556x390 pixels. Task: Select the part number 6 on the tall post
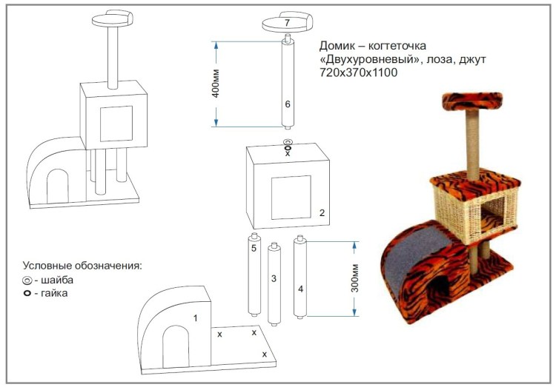click(x=288, y=104)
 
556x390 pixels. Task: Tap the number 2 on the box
click(x=322, y=213)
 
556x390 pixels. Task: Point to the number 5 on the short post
click(x=254, y=249)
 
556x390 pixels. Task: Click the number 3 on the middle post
click(x=274, y=279)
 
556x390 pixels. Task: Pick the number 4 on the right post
click(x=300, y=288)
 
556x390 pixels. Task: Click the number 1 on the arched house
click(x=196, y=317)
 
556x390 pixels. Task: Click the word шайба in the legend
click(x=58, y=280)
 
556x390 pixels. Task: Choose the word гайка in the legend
click(x=56, y=293)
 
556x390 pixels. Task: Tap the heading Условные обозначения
click(x=82, y=266)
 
